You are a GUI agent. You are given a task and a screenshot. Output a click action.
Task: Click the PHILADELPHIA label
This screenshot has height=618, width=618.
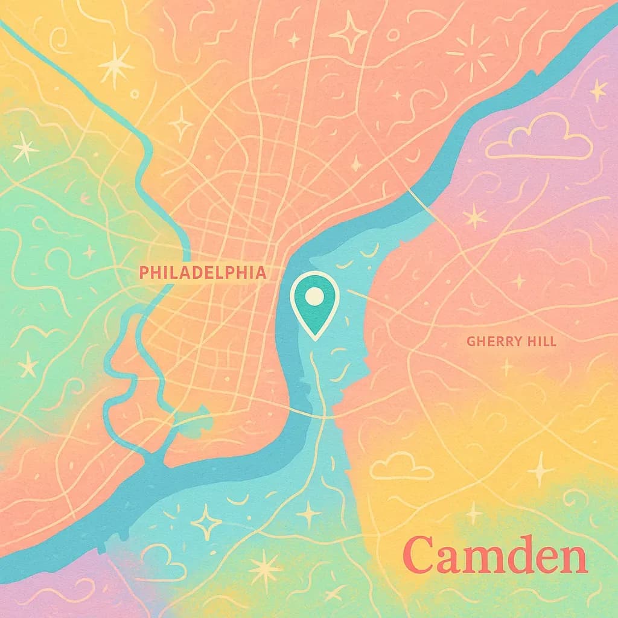click(202, 273)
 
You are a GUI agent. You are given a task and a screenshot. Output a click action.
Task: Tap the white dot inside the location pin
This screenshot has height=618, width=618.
click(314, 296)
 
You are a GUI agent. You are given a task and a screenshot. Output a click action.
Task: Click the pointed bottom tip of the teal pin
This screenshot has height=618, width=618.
click(314, 338)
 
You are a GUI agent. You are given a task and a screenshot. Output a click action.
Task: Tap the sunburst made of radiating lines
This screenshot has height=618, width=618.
click(470, 51)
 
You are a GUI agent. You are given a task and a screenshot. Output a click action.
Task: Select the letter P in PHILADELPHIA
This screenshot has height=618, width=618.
click(144, 273)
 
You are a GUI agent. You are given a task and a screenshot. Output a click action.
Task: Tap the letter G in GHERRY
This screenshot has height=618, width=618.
click(471, 342)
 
